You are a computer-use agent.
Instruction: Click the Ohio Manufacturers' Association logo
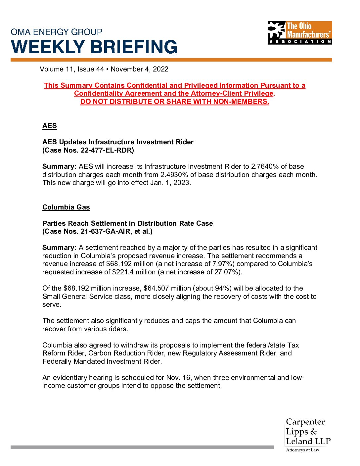[300, 33]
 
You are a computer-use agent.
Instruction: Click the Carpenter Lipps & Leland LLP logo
[308, 435]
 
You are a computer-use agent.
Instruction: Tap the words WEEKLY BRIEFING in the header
[94, 47]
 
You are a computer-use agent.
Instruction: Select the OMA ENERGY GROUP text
[57, 32]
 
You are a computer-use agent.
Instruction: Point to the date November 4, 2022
[139, 69]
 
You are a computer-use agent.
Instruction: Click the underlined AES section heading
[50, 126]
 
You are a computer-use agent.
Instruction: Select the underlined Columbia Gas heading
[66, 207]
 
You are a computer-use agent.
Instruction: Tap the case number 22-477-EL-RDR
[106, 150]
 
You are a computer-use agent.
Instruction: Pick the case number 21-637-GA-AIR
[106, 231]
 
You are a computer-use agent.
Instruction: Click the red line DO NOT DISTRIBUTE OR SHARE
[174, 102]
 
